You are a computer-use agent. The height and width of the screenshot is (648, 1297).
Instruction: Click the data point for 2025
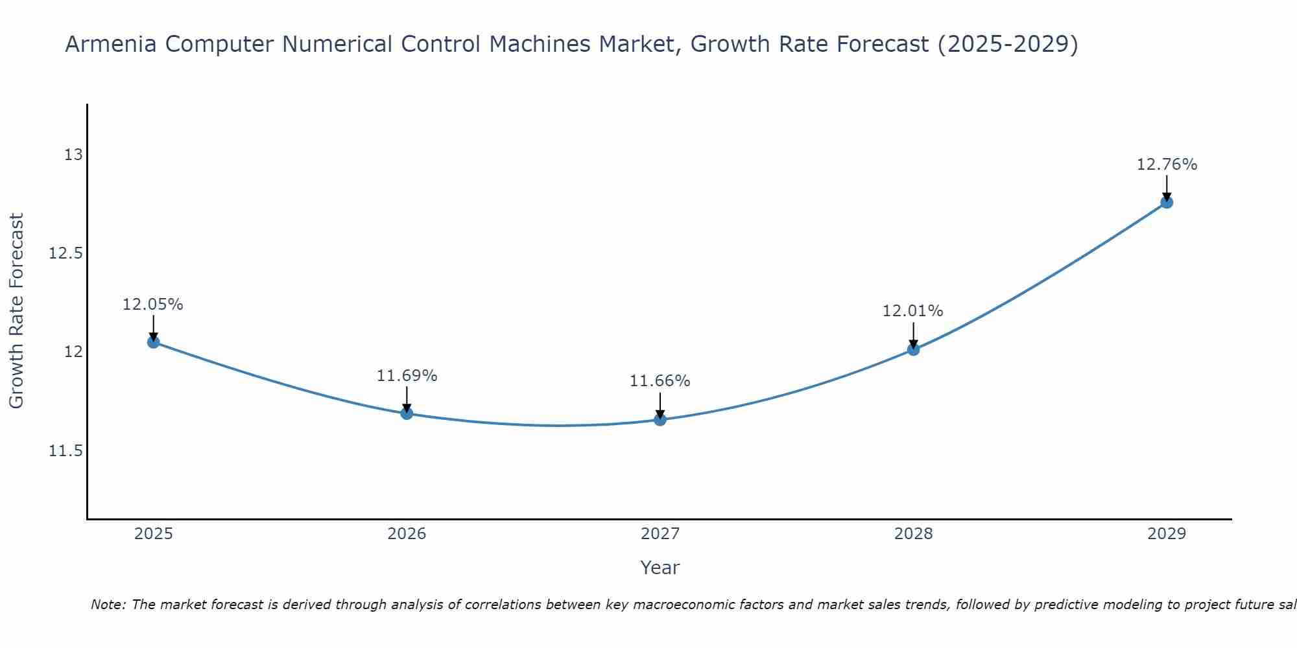tap(154, 342)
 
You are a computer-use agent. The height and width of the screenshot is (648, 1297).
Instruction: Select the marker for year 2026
tap(407, 413)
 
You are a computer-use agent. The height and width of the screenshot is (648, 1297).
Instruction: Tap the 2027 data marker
tap(660, 419)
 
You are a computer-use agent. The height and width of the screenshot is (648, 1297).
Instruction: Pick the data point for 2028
tap(913, 350)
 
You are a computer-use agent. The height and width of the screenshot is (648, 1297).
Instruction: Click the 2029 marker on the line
tap(1167, 202)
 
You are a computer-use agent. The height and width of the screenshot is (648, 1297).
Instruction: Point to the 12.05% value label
tap(153, 305)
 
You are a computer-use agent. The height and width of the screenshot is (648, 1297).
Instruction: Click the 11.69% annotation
tap(407, 376)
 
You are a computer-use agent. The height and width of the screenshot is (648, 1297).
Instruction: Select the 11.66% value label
tap(660, 381)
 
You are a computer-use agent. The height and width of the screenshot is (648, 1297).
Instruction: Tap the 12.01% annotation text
tap(912, 311)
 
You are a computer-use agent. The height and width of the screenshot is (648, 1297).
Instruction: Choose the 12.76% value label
tap(1167, 165)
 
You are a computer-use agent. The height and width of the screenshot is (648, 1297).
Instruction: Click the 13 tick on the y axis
tap(73, 155)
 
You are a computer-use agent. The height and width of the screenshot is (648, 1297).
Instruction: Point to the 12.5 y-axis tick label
tap(66, 253)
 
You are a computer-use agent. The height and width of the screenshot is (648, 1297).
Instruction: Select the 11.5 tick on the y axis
tap(66, 450)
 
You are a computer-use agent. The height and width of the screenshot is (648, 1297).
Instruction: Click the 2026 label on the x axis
tap(407, 534)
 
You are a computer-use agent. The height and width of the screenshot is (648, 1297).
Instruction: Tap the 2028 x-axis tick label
tap(913, 534)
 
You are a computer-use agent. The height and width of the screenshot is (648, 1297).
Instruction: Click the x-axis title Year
tap(660, 568)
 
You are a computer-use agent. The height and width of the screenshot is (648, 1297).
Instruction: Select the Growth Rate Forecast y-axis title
tap(17, 311)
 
